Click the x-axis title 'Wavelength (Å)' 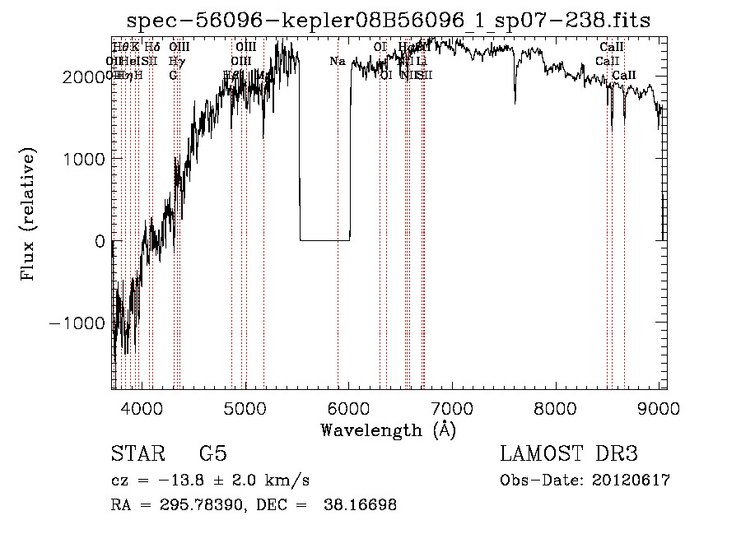click(388, 430)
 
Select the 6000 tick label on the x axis click(349, 407)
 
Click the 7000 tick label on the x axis click(453, 407)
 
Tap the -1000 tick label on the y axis click(78, 323)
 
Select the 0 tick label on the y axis click(98, 241)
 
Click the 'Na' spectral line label click(338, 62)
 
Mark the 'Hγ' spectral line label click(175, 62)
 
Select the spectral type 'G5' click(212, 454)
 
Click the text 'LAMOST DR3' click(569, 454)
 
